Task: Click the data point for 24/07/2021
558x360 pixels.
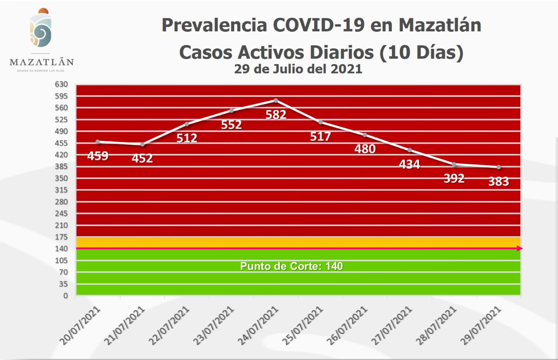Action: (x=276, y=100)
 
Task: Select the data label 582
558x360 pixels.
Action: (x=276, y=115)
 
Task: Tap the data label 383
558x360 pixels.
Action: (x=499, y=181)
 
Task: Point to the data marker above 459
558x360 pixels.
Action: (x=98, y=142)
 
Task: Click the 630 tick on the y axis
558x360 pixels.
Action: (x=62, y=84)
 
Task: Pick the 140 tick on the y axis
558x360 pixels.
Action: (x=62, y=248)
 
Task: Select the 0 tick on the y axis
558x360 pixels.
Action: (x=65, y=295)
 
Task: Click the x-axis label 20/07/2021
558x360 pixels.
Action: (x=82, y=325)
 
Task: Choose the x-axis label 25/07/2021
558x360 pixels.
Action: (x=305, y=325)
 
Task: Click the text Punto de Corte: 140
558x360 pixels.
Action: (x=292, y=266)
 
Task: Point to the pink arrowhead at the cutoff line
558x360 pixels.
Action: (x=520, y=248)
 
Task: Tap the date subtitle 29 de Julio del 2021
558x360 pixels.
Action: (x=298, y=69)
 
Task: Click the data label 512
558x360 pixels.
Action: (x=187, y=138)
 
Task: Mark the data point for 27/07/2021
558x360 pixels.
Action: (x=409, y=150)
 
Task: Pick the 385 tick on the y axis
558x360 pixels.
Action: (x=62, y=166)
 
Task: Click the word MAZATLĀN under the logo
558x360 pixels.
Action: (x=42, y=61)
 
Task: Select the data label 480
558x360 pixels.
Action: (x=365, y=149)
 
